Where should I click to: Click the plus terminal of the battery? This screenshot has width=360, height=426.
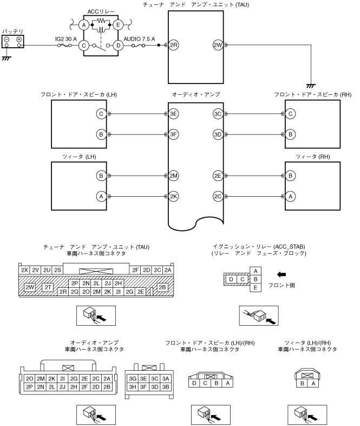[19, 40]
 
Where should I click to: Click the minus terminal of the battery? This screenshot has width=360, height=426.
[7, 40]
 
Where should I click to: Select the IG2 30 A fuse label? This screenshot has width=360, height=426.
[66, 39]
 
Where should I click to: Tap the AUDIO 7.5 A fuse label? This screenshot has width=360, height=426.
[139, 39]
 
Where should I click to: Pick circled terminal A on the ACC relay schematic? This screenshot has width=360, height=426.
[84, 25]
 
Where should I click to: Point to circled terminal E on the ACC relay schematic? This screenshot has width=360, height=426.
[118, 25]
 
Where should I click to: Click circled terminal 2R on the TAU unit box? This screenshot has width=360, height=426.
[173, 45]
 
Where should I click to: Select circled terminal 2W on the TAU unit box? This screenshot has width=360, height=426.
[218, 45]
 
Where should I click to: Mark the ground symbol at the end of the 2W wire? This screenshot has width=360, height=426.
[311, 86]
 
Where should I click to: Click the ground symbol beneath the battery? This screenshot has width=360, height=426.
[6, 58]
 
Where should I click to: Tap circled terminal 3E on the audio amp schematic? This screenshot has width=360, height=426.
[173, 114]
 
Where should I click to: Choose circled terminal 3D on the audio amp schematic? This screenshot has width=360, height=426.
[218, 134]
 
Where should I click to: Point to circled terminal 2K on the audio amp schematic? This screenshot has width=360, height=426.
[173, 196]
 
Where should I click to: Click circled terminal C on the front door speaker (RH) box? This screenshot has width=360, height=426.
[291, 114]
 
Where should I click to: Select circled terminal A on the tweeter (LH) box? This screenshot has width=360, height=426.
[101, 196]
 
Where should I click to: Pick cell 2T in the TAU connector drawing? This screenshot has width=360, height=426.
[48, 287]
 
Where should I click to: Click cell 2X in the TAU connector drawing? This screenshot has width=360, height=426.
[24, 270]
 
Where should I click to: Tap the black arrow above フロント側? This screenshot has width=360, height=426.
[282, 274]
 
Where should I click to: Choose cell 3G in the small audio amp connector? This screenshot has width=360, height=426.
[133, 378]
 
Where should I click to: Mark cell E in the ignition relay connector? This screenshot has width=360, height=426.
[256, 287]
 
